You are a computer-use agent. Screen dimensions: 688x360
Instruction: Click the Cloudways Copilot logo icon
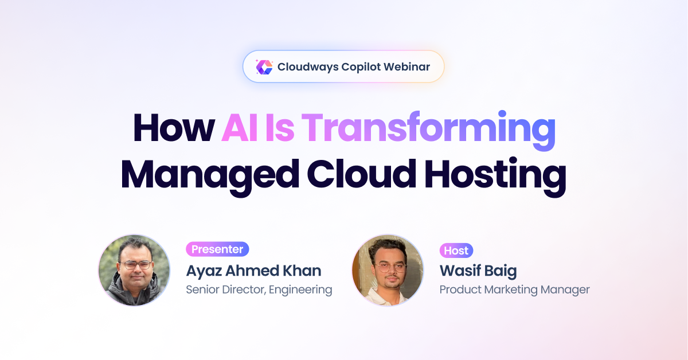coord(264,67)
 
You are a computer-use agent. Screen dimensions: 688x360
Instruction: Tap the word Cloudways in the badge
coord(308,67)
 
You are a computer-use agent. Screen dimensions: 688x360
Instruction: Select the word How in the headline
coord(174,127)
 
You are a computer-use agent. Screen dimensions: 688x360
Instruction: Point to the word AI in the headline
coord(240,127)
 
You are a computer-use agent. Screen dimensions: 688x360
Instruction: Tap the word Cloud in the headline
coord(362,174)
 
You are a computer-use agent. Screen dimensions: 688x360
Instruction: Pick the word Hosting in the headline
coord(495,177)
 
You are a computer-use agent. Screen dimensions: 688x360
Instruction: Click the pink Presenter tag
coord(217,249)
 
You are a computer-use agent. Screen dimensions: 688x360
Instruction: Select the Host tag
coord(456,251)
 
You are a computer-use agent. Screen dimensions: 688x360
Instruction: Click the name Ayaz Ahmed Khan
coord(253,271)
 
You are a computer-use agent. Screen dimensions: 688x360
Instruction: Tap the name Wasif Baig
coord(478,271)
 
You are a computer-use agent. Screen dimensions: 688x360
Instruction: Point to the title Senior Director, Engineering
coord(259,289)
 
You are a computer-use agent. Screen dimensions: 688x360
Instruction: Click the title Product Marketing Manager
coord(514,289)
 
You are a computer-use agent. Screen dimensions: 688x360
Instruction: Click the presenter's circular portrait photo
coord(134,271)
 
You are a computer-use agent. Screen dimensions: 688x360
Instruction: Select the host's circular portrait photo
coord(388,271)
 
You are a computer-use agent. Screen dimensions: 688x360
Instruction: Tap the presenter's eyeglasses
coord(135,265)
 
